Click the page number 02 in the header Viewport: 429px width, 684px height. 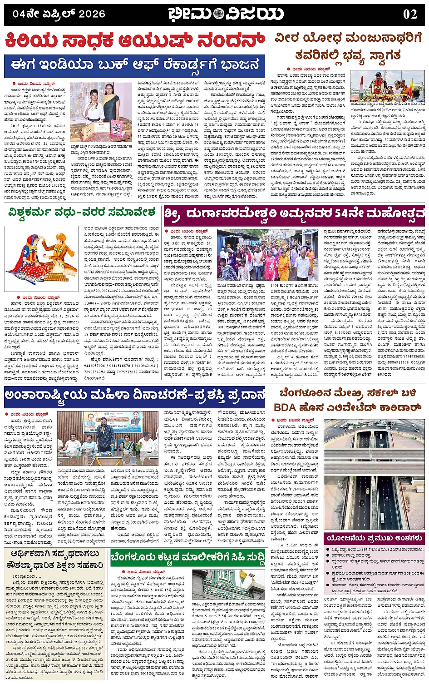click(x=410, y=14)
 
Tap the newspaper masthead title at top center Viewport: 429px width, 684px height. click(x=226, y=14)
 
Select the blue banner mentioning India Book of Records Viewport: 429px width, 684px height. click(x=135, y=66)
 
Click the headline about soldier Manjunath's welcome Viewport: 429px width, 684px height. click(x=348, y=47)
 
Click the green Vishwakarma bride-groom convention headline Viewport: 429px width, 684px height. click(x=82, y=213)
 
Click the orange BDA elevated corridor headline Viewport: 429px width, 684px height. click(x=348, y=400)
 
